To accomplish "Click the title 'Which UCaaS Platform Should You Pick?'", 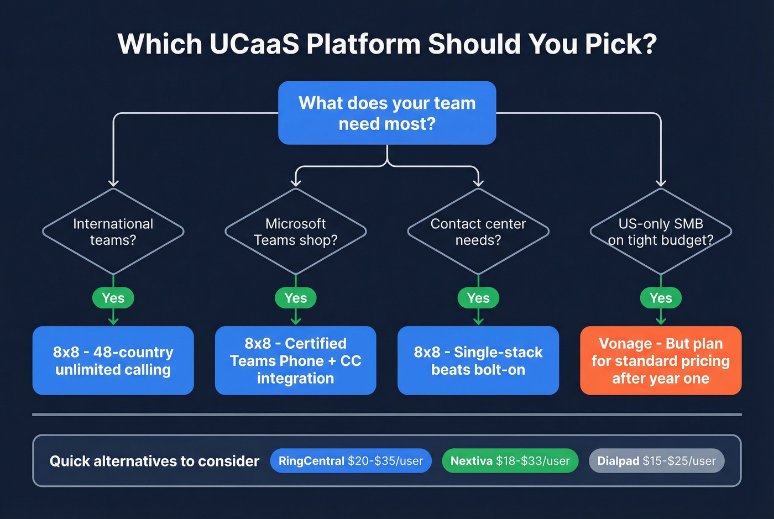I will click(x=387, y=44).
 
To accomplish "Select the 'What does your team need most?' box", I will click(x=387, y=113).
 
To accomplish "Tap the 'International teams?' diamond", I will click(x=113, y=232).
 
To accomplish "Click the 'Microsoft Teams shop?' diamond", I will click(x=296, y=232).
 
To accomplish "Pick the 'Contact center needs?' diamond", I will click(x=478, y=232).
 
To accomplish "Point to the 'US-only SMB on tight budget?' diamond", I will click(x=661, y=232).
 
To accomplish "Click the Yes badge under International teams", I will click(x=113, y=298).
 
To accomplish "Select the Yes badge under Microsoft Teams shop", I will click(x=296, y=298).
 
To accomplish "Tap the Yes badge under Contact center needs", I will click(x=478, y=298).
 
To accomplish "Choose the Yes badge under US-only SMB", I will click(x=661, y=298).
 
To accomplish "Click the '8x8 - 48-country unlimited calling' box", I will click(x=113, y=360).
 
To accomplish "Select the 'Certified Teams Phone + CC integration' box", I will click(x=296, y=360).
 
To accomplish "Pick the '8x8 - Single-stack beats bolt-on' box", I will click(x=478, y=360).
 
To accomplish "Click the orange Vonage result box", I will click(x=661, y=360).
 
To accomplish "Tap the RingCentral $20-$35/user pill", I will click(x=351, y=460).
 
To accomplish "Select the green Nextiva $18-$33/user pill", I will click(x=510, y=460).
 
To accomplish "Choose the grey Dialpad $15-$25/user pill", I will click(x=656, y=460).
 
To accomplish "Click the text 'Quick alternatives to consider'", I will click(x=154, y=461).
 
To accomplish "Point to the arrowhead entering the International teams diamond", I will click(x=113, y=183).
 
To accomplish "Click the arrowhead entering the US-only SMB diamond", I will click(x=661, y=183).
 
